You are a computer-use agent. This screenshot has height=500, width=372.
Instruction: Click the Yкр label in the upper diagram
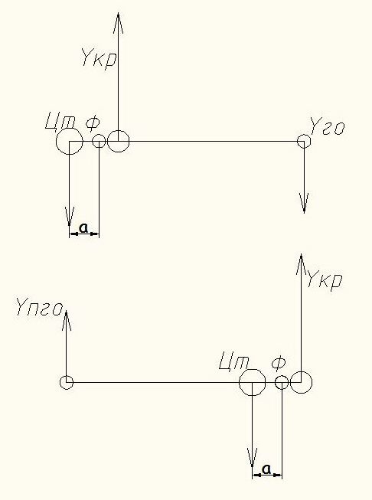pos(99,57)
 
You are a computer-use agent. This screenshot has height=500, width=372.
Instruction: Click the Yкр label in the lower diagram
pos(325,279)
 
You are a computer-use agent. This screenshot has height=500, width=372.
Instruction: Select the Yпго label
pos(40,308)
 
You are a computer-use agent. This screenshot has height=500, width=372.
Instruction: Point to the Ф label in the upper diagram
pos(93,124)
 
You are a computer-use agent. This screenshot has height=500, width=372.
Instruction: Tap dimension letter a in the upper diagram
pos(83,227)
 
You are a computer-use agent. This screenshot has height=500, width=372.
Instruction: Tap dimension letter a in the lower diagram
pos(266,469)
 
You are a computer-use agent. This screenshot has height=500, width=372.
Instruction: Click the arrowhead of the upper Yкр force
pos(119,23)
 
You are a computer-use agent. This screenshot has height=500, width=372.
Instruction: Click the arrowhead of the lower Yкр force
pos(302,264)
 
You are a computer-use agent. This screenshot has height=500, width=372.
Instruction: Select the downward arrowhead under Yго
pos(304,203)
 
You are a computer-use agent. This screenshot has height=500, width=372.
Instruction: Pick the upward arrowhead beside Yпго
pos(66,320)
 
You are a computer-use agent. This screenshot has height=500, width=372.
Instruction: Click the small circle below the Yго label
pos(304,141)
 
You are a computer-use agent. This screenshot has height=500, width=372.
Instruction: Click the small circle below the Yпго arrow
pos(67,382)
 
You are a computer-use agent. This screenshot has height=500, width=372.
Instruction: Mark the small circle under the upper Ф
pos(99,141)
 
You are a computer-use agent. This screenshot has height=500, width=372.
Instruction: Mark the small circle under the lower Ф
pos(282,382)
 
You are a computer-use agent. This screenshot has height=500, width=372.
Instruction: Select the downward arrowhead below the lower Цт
pos(252,458)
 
